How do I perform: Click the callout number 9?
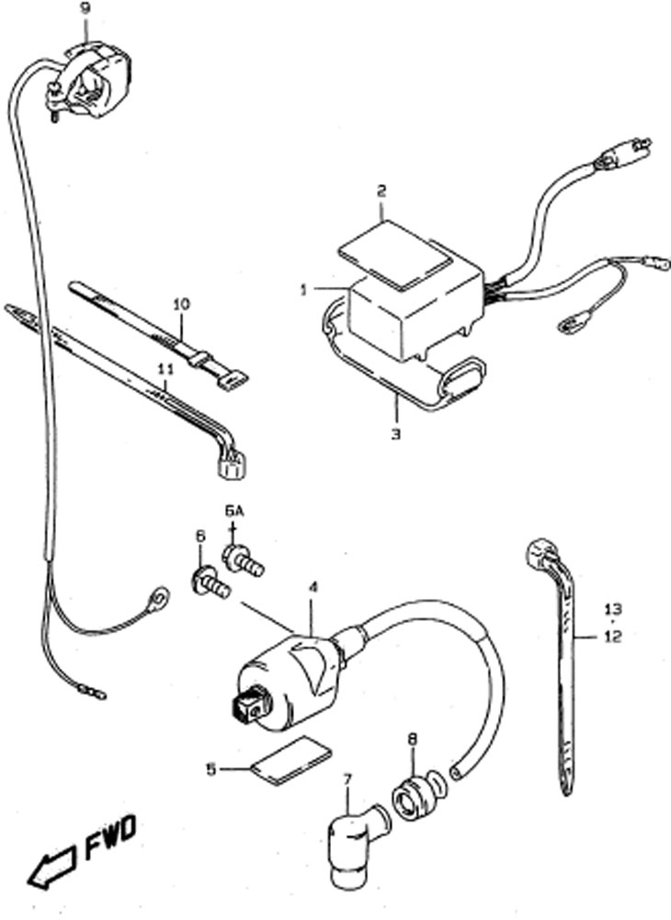click(85, 9)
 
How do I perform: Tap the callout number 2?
click(381, 190)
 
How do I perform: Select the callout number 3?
click(396, 434)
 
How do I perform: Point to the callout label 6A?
click(233, 512)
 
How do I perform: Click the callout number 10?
click(182, 305)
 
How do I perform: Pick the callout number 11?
click(165, 369)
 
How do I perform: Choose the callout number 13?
click(614, 609)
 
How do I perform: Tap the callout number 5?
click(211, 768)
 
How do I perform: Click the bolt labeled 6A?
click(243, 559)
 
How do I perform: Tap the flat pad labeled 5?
click(291, 761)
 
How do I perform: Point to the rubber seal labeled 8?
click(418, 796)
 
